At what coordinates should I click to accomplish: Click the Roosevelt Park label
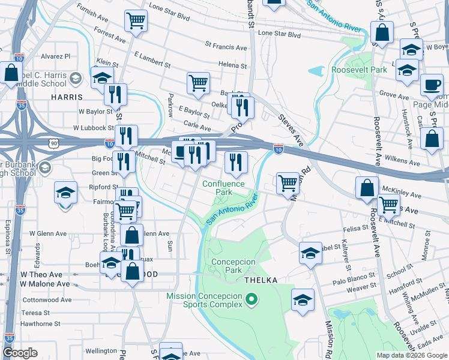(358, 70)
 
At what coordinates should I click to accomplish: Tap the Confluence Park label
(223, 188)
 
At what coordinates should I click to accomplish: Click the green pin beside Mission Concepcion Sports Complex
(252, 298)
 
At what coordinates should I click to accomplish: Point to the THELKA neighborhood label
(259, 280)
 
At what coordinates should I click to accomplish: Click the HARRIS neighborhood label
(67, 97)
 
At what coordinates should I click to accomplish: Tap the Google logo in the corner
(20, 353)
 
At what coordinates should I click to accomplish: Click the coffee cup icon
(431, 85)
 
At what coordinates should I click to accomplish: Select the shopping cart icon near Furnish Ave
(136, 21)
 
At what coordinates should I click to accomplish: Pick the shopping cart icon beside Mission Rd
(288, 182)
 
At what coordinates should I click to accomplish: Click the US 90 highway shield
(55, 143)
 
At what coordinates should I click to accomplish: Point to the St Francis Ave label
(226, 46)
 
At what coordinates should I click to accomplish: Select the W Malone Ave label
(45, 284)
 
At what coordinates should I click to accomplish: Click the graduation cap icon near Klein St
(102, 77)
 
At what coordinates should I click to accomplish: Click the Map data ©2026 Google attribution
(411, 355)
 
